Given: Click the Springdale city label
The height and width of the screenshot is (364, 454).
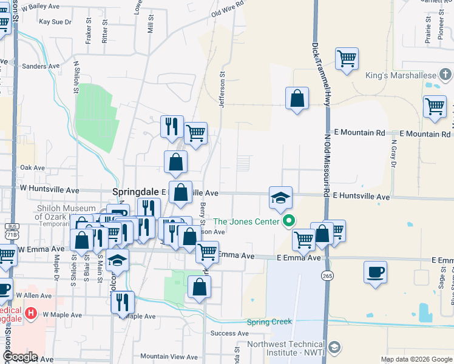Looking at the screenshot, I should pos(136,191).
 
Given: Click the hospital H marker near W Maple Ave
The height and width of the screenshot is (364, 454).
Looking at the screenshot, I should pos(30,314).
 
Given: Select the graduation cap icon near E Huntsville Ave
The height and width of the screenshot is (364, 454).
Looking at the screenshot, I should pos(280,198).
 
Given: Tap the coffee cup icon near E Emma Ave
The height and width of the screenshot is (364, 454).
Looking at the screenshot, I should pos(375,271).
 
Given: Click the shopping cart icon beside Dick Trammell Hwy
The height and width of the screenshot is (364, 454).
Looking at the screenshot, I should pos(347,59).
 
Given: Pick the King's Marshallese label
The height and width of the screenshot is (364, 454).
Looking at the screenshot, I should pos(401,76).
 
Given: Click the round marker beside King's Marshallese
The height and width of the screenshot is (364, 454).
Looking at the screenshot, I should pos(446,75).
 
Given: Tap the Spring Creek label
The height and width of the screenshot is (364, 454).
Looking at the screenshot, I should pos(269,322).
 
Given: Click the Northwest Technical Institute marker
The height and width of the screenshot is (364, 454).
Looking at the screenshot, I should pos(334,348).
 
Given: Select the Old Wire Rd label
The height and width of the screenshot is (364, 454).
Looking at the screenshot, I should pos(228,8).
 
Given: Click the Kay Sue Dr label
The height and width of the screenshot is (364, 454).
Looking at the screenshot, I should pos(55,21).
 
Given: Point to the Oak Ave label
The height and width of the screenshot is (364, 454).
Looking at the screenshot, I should pos(32,167).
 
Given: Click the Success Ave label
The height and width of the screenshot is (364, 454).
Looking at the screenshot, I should pos(229,333).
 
